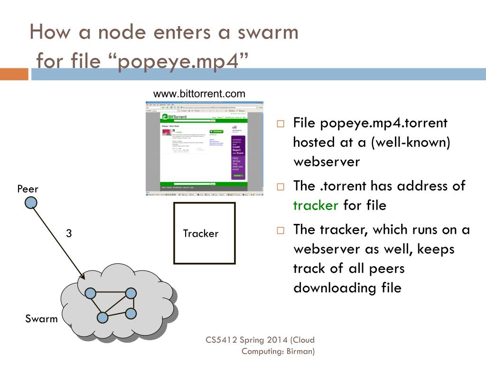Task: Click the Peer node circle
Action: [x=31, y=203]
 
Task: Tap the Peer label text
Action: [x=28, y=189]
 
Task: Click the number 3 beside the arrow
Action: [x=69, y=233]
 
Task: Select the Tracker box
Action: [x=204, y=233]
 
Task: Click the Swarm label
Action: [x=41, y=318]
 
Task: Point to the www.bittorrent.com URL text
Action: [x=199, y=94]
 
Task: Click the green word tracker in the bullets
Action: [x=316, y=205]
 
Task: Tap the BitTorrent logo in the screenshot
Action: [x=175, y=116]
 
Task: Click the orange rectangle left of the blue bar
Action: [x=14, y=74]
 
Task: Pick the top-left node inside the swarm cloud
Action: [x=90, y=293]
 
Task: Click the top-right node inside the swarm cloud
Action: [x=131, y=293]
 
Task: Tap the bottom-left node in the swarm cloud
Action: [x=102, y=317]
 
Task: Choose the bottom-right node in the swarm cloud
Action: [x=131, y=313]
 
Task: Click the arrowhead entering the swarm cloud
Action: [x=83, y=277]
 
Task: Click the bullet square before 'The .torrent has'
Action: [x=280, y=187]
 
